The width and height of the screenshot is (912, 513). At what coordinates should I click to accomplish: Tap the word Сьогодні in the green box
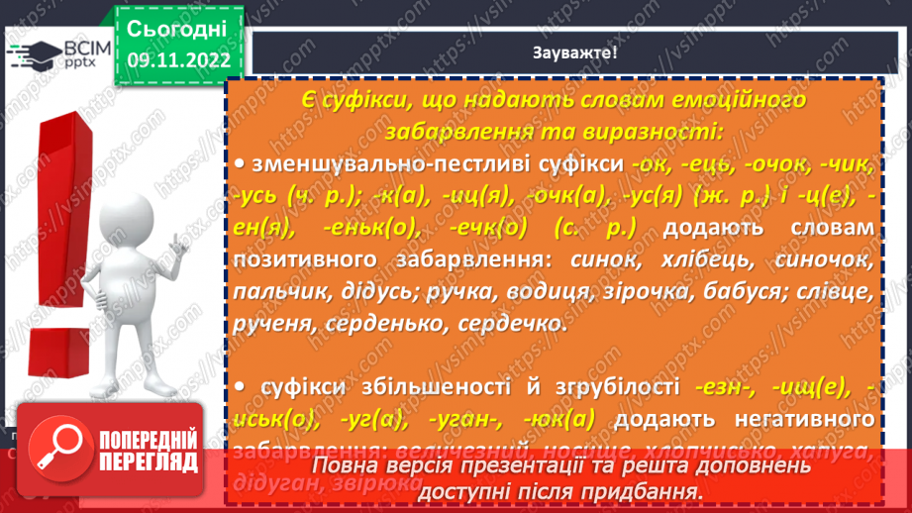178,27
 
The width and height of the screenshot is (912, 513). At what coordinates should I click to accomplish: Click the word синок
600,262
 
